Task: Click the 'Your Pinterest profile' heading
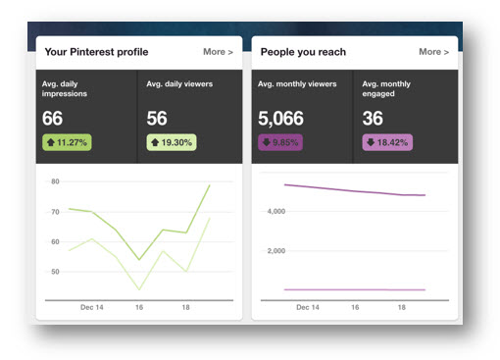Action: click(96, 52)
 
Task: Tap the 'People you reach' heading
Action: click(303, 52)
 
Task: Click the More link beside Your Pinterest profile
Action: click(218, 52)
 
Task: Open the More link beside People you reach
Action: click(434, 52)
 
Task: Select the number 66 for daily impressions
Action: click(53, 119)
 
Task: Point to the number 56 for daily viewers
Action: click(156, 119)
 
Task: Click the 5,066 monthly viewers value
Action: click(281, 119)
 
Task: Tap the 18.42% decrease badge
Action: click(386, 142)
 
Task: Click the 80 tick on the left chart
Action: click(55, 181)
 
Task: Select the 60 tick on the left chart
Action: click(55, 241)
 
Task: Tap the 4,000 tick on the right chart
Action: click(276, 211)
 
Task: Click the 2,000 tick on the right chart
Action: click(276, 250)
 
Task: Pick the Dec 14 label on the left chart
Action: click(92, 307)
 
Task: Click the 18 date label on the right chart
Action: click(401, 307)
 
